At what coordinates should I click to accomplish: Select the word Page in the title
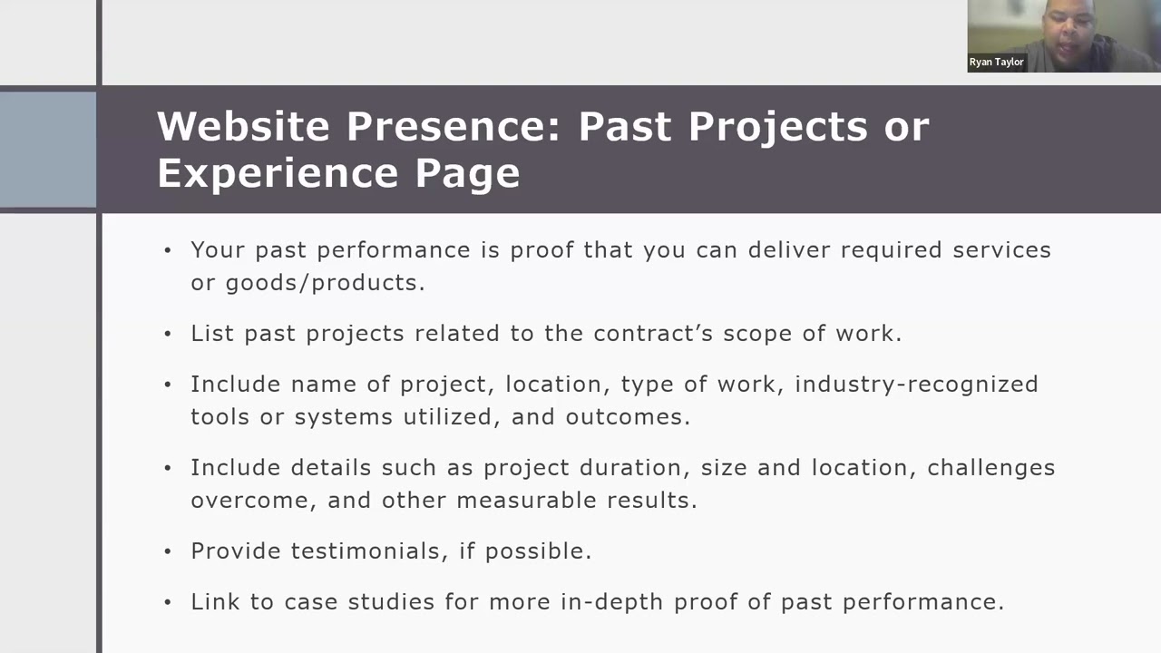(467, 172)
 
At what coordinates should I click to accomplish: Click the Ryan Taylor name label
(996, 63)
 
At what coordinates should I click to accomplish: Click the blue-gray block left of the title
(48, 149)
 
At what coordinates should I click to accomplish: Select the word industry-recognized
(916, 385)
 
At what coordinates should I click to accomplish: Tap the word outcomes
(627, 417)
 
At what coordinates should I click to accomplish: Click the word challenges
(990, 468)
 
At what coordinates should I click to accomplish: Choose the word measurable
(523, 501)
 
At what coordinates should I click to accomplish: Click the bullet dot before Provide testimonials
(168, 551)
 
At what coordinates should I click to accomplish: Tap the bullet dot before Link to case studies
(168, 602)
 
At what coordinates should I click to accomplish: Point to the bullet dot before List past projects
(168, 334)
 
